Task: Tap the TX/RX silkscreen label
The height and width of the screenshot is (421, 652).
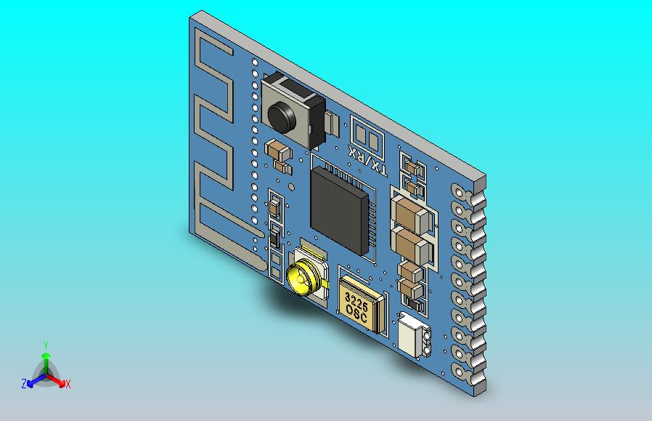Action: [x=367, y=160]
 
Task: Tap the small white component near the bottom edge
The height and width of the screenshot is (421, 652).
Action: [x=412, y=335]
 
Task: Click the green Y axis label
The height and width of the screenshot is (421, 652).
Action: [x=45, y=345]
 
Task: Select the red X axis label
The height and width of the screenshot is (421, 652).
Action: [x=68, y=384]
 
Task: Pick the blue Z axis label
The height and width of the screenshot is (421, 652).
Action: [x=24, y=384]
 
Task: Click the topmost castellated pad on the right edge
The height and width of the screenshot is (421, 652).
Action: [x=460, y=191]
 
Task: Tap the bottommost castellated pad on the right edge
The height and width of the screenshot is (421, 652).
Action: [x=460, y=371]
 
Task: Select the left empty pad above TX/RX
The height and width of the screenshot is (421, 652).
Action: [x=359, y=132]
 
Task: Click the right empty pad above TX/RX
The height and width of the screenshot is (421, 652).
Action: [x=372, y=140]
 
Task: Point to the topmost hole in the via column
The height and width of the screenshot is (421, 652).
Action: [x=255, y=64]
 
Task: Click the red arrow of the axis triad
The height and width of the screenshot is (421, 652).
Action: [x=57, y=380]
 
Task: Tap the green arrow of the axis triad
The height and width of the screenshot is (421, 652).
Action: [x=45, y=359]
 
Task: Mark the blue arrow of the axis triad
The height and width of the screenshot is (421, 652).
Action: [x=33, y=380]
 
